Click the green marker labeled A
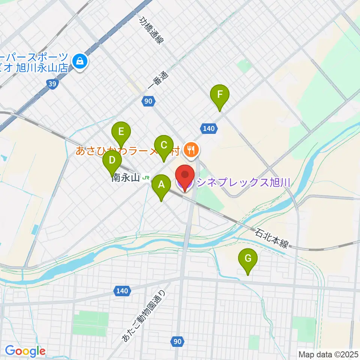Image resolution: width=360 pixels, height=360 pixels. pos(161,185)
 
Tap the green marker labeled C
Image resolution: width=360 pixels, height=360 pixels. pos(164,145)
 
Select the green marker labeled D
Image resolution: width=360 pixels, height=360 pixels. pos(112,160)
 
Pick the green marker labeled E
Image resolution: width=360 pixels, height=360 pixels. pos(121,132)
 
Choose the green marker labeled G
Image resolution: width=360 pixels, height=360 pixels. pos(248,258)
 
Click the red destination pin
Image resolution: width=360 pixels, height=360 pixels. pos(185,175)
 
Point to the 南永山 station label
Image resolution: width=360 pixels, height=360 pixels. pos(126,178)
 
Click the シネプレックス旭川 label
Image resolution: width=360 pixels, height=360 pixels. pos(244,183)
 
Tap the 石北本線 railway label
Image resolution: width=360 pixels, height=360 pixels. pos(272,239)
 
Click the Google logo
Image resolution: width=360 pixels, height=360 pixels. pos(25,351)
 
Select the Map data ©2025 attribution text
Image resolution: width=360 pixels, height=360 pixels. pos(328,354)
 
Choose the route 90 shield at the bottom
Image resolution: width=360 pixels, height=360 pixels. pos(178,341)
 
